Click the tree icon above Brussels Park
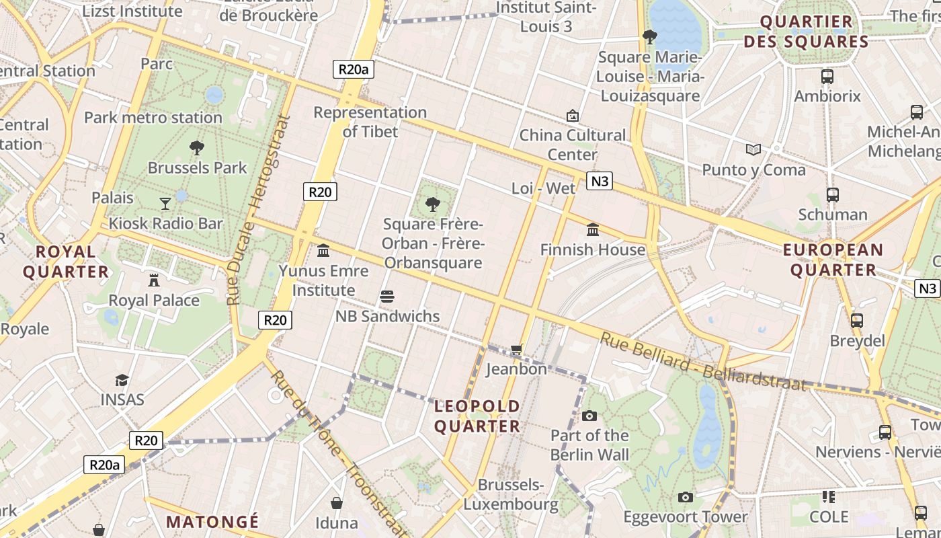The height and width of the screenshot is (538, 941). (x=197, y=147)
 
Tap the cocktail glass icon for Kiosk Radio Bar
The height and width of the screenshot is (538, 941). (x=165, y=202)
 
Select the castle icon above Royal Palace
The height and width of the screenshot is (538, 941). (x=154, y=280)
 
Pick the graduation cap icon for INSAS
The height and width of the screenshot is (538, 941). (x=122, y=380)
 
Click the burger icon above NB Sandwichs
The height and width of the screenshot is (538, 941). (x=386, y=296)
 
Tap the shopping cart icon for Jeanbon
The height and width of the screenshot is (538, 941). (x=516, y=349)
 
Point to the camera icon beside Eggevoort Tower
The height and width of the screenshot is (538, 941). (x=685, y=497)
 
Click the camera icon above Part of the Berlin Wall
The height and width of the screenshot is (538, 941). (x=589, y=416)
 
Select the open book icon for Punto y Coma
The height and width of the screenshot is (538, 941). (x=753, y=149)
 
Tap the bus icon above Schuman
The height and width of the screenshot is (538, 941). (x=832, y=195)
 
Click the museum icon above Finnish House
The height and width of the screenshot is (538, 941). (x=593, y=230)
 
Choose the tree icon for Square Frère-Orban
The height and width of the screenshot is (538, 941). (x=434, y=203)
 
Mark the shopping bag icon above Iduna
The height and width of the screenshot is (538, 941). (x=337, y=503)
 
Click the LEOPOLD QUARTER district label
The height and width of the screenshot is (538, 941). (x=477, y=416)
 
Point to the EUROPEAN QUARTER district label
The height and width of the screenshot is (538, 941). (x=833, y=260)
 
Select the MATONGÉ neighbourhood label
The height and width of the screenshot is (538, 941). (x=212, y=522)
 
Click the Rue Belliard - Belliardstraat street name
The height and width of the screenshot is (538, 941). (x=702, y=362)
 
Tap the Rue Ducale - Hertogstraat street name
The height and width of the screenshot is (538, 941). (x=258, y=210)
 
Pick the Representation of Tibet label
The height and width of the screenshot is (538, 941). (x=370, y=122)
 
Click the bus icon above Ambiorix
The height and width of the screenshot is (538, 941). (x=827, y=77)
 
